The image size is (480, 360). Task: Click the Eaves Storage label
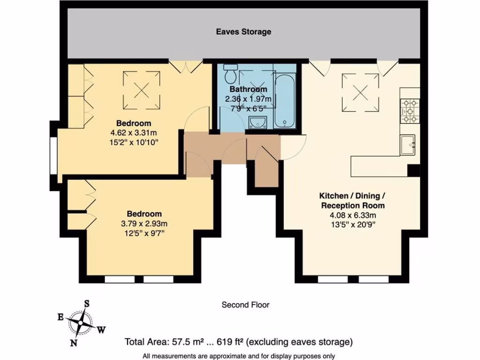(243, 32)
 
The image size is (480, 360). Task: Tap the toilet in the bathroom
(231, 73)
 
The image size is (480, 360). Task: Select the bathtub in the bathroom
(285, 99)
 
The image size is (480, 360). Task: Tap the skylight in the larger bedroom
(142, 89)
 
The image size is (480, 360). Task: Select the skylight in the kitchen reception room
(361, 93)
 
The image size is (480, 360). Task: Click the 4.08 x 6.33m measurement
(352, 215)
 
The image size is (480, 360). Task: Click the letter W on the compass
(101, 330)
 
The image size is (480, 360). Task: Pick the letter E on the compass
(60, 317)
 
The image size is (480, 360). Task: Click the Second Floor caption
(245, 305)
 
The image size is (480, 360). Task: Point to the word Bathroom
(248, 89)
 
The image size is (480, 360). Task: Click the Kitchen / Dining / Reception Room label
(352, 200)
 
